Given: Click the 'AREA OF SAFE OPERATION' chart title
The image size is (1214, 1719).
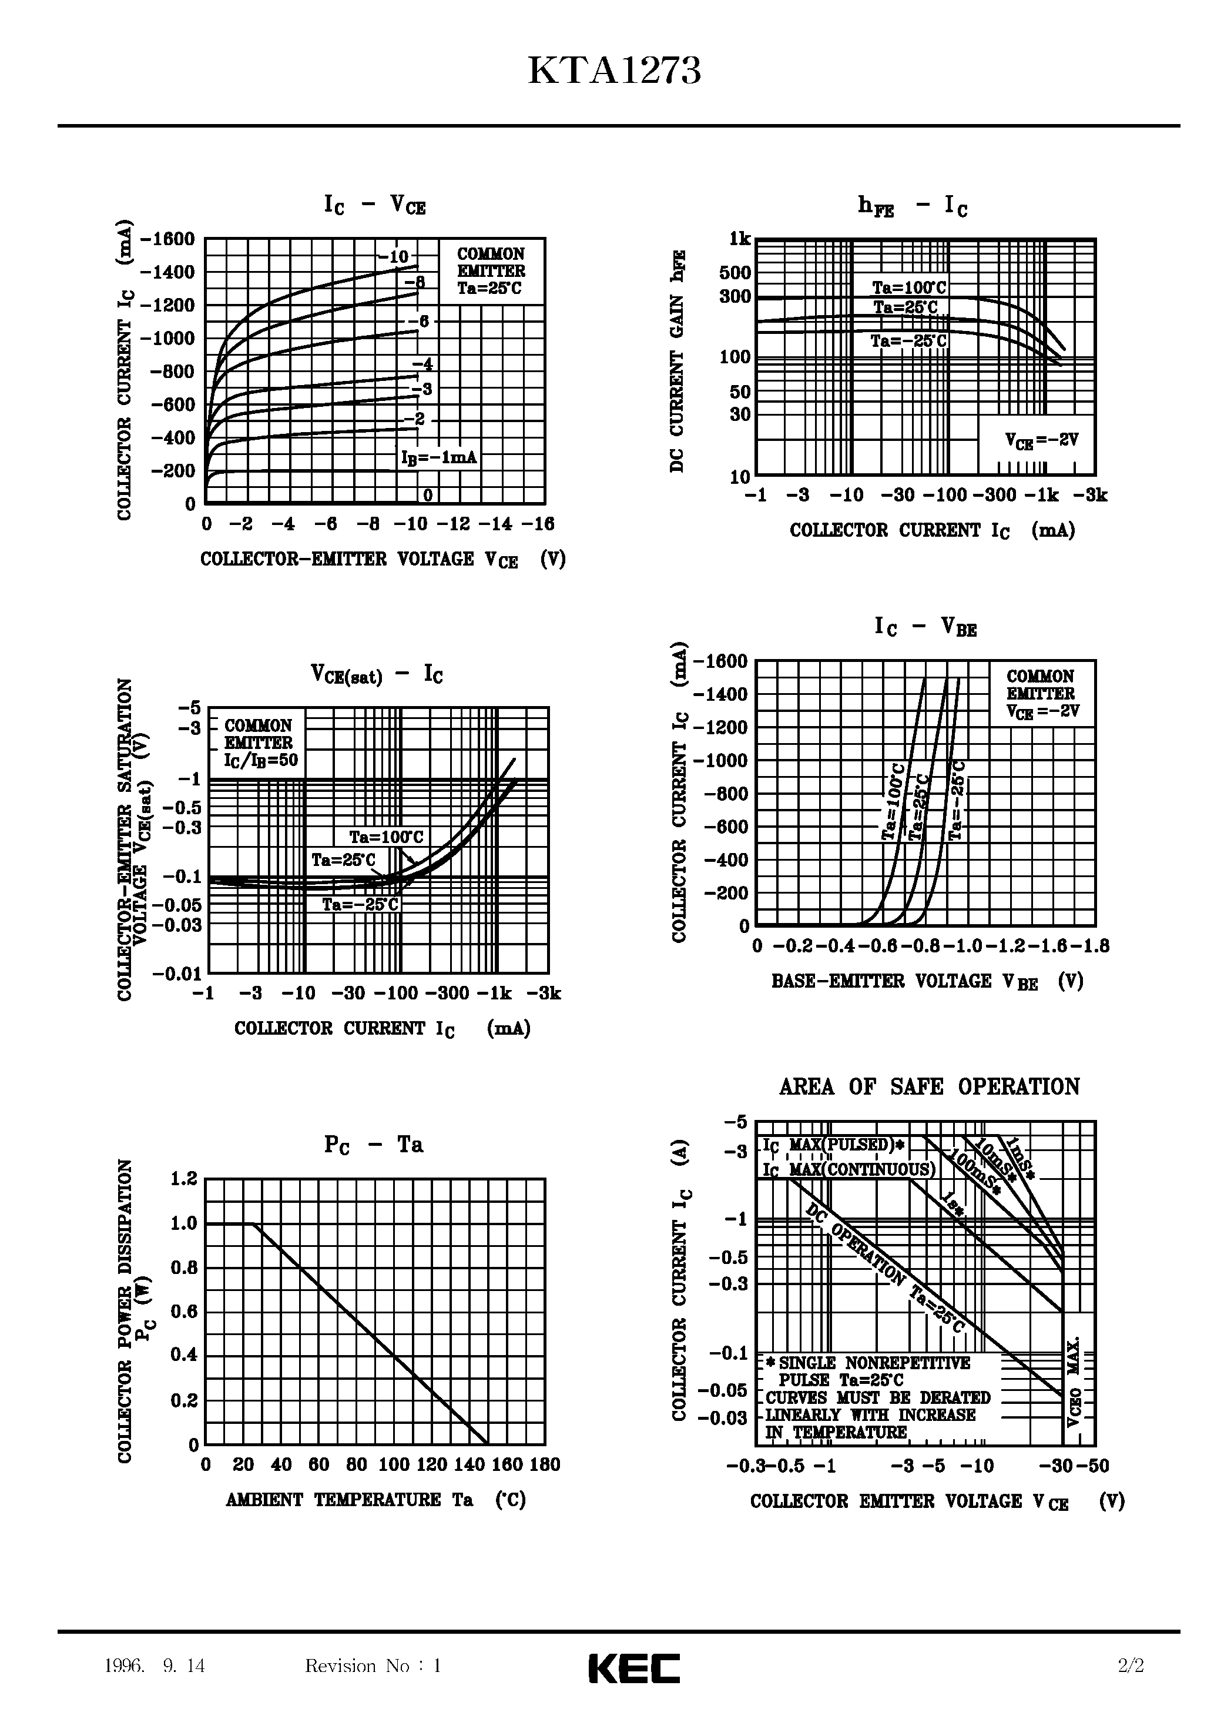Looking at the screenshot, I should point(929,1086).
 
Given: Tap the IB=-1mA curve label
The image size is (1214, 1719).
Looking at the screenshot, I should point(438,457).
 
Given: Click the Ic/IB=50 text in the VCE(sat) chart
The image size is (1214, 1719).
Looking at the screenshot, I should point(260,761).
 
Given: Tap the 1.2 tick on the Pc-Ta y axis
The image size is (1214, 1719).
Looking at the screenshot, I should point(183,1179).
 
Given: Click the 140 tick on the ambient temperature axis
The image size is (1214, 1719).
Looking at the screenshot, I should point(469,1464).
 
